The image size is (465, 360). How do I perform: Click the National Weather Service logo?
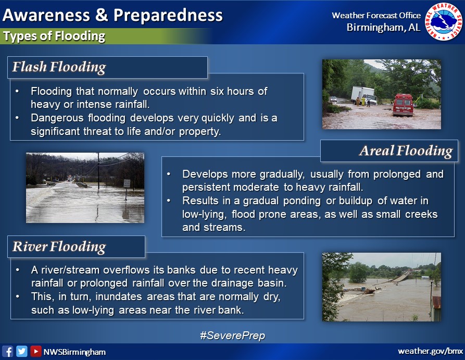point(444,22)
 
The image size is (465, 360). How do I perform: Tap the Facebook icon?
point(7,351)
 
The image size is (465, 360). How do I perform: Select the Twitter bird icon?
point(22,351)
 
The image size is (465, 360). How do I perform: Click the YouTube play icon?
point(35,351)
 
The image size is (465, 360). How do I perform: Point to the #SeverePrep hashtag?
point(232,336)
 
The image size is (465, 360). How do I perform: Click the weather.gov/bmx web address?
point(430,351)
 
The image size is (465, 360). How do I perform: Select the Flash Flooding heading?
point(59,67)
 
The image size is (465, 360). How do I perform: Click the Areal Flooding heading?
point(406,151)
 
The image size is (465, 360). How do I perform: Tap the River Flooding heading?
point(59,246)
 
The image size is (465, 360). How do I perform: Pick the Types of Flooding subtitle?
point(54,36)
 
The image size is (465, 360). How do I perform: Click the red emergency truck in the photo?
point(403,105)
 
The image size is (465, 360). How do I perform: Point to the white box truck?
point(364,95)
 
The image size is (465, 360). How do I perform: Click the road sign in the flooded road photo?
point(127,183)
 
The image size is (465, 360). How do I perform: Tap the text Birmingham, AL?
point(383,28)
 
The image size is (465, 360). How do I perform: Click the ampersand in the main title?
point(102,15)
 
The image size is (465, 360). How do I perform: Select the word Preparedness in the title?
point(168,16)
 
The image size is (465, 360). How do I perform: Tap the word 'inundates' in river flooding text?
point(119,297)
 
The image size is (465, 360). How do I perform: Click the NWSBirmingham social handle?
point(74,352)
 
